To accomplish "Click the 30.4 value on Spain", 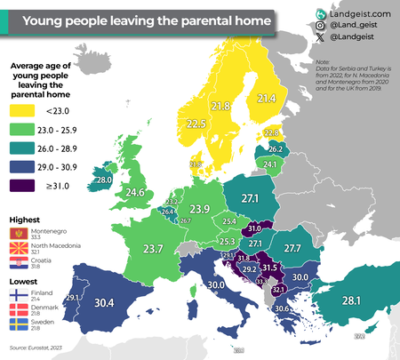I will tap(104, 278).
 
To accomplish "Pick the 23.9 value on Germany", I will tap(200, 209).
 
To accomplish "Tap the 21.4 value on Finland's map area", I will tap(267, 99).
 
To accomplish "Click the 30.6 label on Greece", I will tap(282, 308).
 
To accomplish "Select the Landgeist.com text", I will tap(361, 12).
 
